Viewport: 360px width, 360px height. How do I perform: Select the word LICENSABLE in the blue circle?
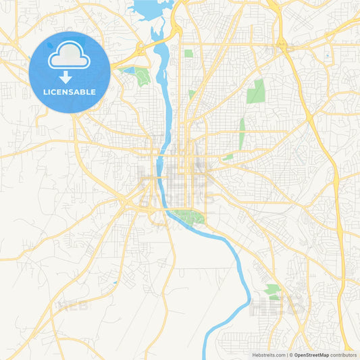point(70,92)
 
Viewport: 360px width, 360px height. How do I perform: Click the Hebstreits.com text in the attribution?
point(269,355)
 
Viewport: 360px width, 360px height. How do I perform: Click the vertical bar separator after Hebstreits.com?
point(288,355)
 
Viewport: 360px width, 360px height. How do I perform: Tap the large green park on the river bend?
point(188,218)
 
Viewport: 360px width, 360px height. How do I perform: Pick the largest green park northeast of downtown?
point(256,91)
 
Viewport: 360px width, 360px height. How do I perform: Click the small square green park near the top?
point(188,53)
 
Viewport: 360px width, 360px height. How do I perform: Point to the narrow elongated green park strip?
point(242,131)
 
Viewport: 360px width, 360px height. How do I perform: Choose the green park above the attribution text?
point(273,291)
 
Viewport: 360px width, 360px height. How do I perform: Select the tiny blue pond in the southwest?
point(115,282)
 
